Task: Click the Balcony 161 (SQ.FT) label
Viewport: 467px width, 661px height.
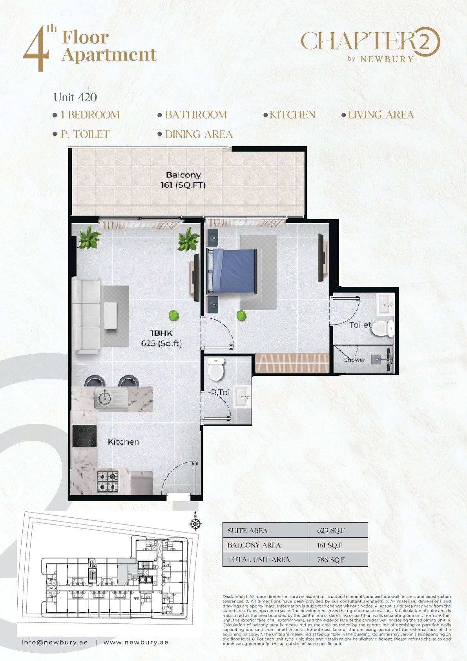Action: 183,180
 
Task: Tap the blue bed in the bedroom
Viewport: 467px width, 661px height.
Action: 231,271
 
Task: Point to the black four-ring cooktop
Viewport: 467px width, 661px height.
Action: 85,436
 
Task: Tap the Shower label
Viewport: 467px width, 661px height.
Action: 354,360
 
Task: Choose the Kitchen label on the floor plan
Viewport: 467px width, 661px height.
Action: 124,442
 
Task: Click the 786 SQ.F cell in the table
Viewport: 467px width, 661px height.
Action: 331,560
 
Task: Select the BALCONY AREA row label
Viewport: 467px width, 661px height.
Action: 254,545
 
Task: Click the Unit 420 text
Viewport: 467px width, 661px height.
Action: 75,97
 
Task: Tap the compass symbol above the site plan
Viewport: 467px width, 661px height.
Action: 195,522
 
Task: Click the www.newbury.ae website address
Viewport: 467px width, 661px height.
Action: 136,642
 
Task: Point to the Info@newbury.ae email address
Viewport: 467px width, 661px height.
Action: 55,642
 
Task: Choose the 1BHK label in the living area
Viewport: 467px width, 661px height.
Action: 161,333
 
